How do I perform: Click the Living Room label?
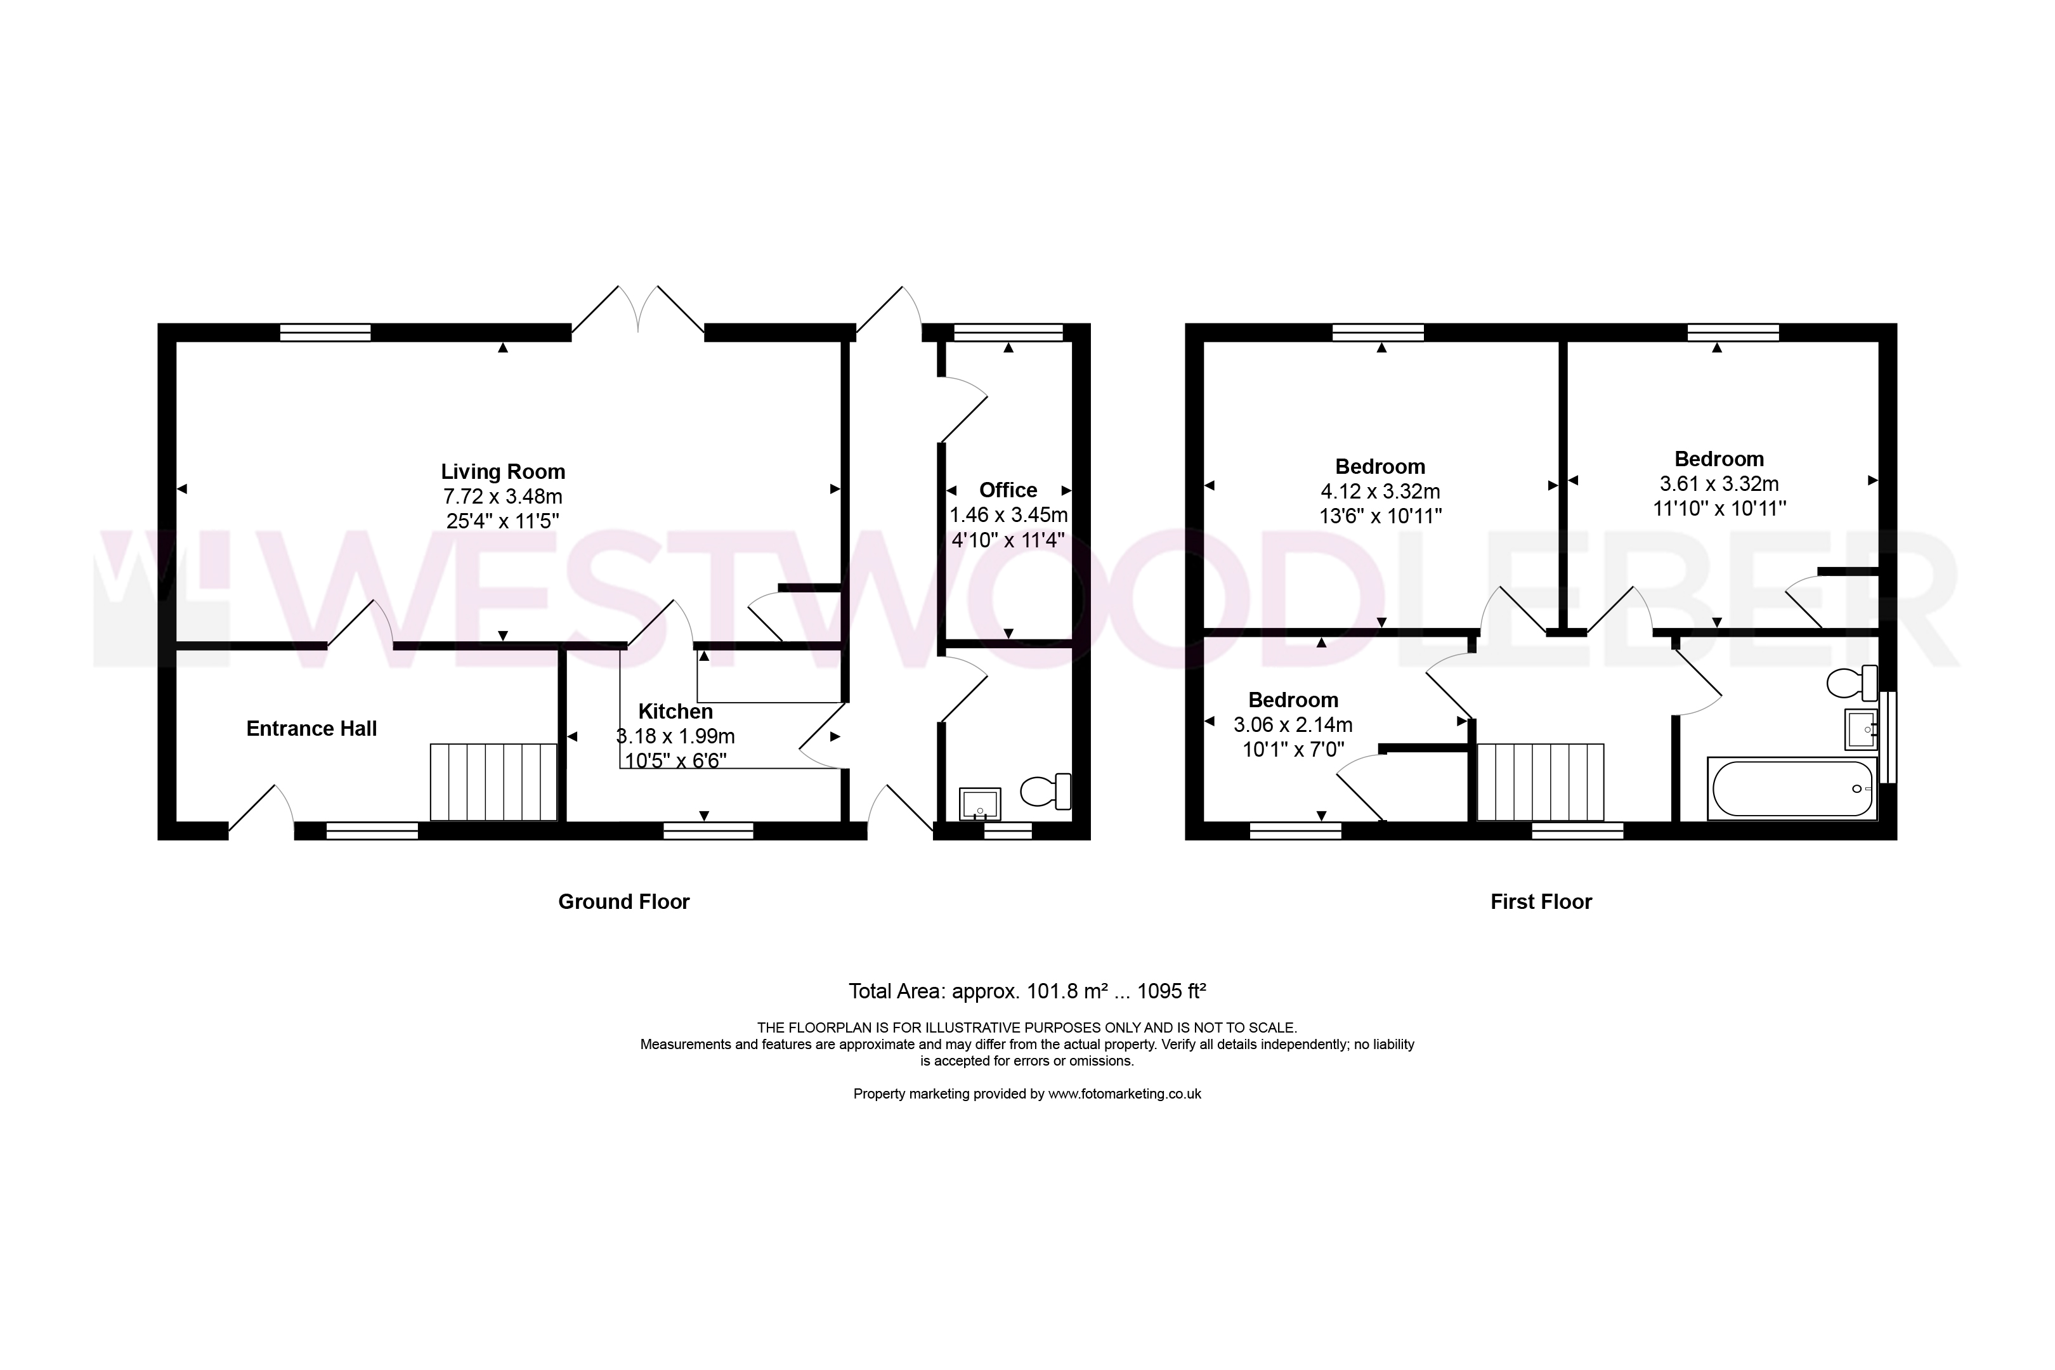(x=502, y=472)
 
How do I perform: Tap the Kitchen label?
(x=675, y=711)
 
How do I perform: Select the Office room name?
(x=1008, y=490)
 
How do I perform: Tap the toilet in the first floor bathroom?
(x=1852, y=682)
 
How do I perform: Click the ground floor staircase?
(x=493, y=782)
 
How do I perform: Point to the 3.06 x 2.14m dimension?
(x=1293, y=724)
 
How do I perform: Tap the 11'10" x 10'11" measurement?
(x=1719, y=509)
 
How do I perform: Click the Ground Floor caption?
(x=624, y=902)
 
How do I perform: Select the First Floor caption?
(x=1541, y=902)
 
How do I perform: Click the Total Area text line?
(x=1027, y=991)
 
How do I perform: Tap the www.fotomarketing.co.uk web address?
(x=1125, y=1094)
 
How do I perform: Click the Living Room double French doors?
(x=639, y=310)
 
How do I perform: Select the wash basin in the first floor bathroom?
(x=1861, y=729)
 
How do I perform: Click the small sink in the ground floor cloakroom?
(x=979, y=804)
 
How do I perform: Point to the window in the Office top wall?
(x=1008, y=332)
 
